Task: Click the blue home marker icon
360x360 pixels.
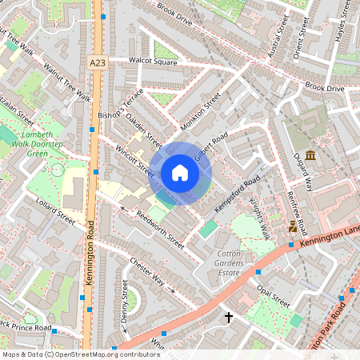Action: click(x=180, y=173)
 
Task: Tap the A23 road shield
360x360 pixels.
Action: click(x=97, y=62)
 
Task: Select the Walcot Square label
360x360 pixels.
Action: click(x=154, y=62)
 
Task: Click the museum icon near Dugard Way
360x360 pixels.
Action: click(x=310, y=154)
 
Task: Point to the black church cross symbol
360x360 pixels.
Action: click(x=229, y=318)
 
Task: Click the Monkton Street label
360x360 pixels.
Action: click(x=200, y=113)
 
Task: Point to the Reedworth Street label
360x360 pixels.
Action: click(x=160, y=230)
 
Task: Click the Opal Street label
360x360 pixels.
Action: click(x=274, y=298)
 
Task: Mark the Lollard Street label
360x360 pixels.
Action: click(x=55, y=213)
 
